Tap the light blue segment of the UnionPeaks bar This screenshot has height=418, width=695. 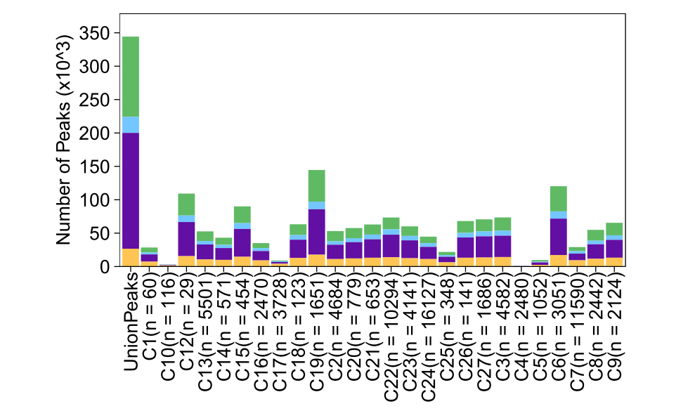pos(130,124)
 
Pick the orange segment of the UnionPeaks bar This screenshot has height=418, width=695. pos(130,257)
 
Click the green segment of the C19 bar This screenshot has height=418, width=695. pos(316,185)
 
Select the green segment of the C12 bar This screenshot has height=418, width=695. pos(186,204)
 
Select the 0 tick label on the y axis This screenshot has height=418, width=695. pos(103,267)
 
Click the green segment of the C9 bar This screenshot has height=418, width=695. pos(614,229)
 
